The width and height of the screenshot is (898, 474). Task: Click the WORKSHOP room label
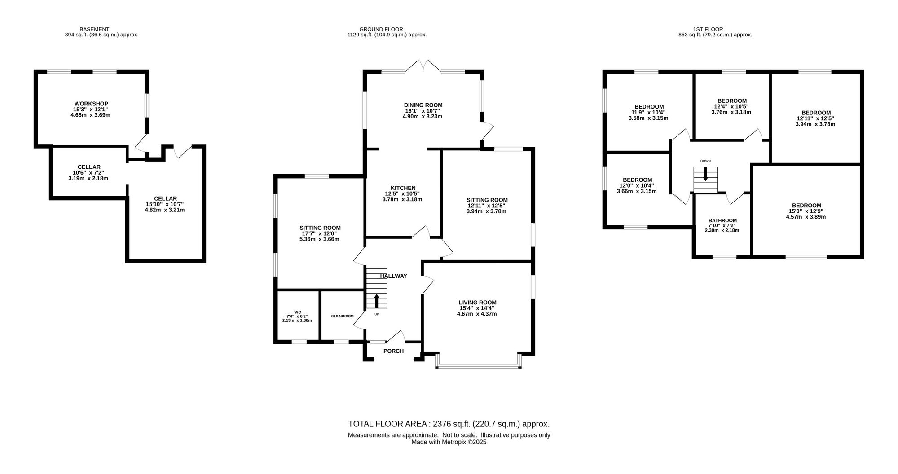tap(91, 104)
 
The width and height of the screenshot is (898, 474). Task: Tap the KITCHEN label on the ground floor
tap(403, 188)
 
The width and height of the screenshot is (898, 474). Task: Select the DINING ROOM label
tap(423, 105)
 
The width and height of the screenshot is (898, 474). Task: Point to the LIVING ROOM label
tap(477, 303)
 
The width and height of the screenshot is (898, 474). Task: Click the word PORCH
tap(393, 351)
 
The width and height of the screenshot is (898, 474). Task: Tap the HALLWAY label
tap(393, 276)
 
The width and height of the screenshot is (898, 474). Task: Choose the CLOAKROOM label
tap(343, 316)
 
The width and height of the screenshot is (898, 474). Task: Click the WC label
tap(298, 312)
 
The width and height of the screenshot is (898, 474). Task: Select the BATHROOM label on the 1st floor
tap(722, 220)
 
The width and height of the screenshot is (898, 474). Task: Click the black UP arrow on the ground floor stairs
tap(376, 301)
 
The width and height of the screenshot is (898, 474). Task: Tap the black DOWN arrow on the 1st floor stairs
tap(705, 174)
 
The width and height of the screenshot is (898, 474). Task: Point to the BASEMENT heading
tap(94, 29)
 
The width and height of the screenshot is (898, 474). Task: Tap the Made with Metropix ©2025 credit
tap(449, 442)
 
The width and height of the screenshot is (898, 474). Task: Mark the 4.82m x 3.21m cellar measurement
tap(165, 210)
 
